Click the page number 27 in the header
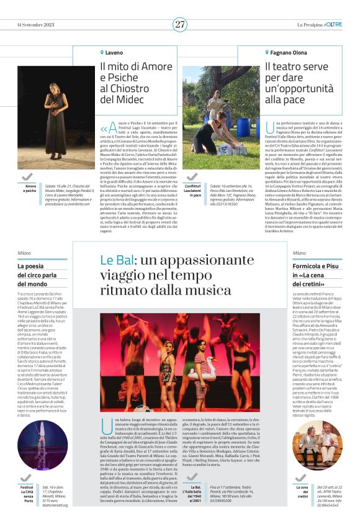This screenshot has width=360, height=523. point(180,24)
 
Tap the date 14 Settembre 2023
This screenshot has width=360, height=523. point(37,25)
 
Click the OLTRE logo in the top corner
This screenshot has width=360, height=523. point(333,24)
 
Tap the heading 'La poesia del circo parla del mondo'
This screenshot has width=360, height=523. point(40,275)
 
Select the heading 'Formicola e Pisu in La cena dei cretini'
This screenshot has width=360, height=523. point(317,275)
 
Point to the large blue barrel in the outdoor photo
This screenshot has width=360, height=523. point(247,127)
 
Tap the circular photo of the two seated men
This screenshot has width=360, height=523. point(316,445)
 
